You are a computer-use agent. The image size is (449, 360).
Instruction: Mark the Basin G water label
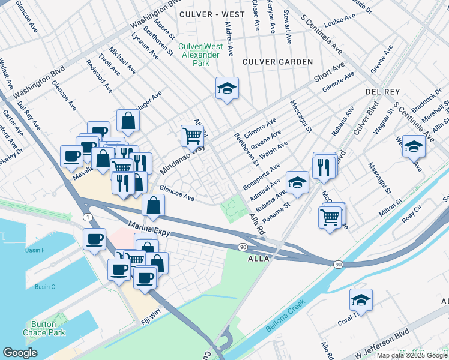[x=44, y=287]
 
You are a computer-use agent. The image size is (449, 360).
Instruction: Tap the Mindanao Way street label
[x=182, y=159]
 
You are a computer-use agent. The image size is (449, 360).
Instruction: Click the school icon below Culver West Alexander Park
[x=228, y=88]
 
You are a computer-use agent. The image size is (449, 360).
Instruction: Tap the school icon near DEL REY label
[x=414, y=146]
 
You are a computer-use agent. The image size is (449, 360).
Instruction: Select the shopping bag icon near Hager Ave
[x=128, y=120]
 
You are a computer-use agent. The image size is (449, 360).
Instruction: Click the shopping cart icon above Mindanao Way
[x=192, y=135]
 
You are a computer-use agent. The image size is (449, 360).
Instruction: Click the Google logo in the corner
[x=20, y=353]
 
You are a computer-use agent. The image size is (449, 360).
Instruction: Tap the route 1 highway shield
[x=88, y=217]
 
